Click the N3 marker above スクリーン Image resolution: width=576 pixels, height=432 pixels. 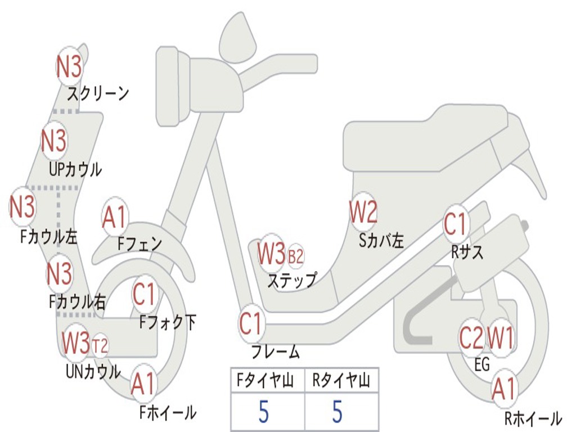(x=69, y=67)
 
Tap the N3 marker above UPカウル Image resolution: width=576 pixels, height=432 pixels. (x=54, y=141)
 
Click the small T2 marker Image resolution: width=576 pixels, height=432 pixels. (x=100, y=344)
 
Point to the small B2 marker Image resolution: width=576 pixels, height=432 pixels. (x=295, y=256)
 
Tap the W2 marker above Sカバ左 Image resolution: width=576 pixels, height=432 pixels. (x=363, y=213)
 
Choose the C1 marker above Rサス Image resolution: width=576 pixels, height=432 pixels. (x=456, y=224)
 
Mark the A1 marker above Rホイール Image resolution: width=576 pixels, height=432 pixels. (x=503, y=389)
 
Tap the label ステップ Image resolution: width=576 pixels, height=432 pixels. (x=291, y=280)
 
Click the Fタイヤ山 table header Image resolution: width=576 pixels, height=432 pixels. (x=267, y=381)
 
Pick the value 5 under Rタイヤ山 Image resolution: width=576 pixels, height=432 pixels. (x=337, y=412)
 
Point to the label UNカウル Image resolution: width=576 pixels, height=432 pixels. (x=93, y=371)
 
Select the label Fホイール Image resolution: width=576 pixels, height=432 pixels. (x=168, y=412)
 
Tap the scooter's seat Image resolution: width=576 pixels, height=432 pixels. (x=427, y=138)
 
